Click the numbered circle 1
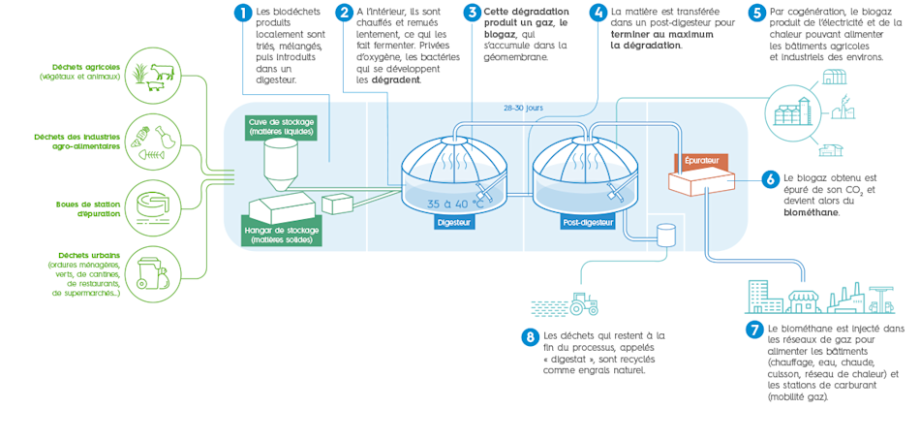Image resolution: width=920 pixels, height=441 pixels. coord(243,13)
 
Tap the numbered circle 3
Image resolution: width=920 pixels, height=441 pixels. coord(472,13)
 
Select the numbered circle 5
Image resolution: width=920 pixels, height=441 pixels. coord(756,13)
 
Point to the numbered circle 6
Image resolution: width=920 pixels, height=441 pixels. coord(771,179)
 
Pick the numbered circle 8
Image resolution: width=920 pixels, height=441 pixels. coord(530,337)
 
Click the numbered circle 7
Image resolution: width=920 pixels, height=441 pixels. coord(754,330)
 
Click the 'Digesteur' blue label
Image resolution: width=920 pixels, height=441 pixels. coord(454,222)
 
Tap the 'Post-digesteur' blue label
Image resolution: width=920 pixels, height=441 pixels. coord(588,222)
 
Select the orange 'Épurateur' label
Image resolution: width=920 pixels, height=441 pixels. coord(700,159)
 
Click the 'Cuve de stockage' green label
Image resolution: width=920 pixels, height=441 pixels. coord(281,127)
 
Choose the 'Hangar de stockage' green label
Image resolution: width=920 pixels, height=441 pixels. coord(280,235)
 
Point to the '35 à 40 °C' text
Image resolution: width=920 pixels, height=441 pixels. coord(455,204)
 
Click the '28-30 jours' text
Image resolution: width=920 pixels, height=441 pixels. coord(523,108)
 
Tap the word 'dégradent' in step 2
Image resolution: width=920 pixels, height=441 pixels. coord(395,80)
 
